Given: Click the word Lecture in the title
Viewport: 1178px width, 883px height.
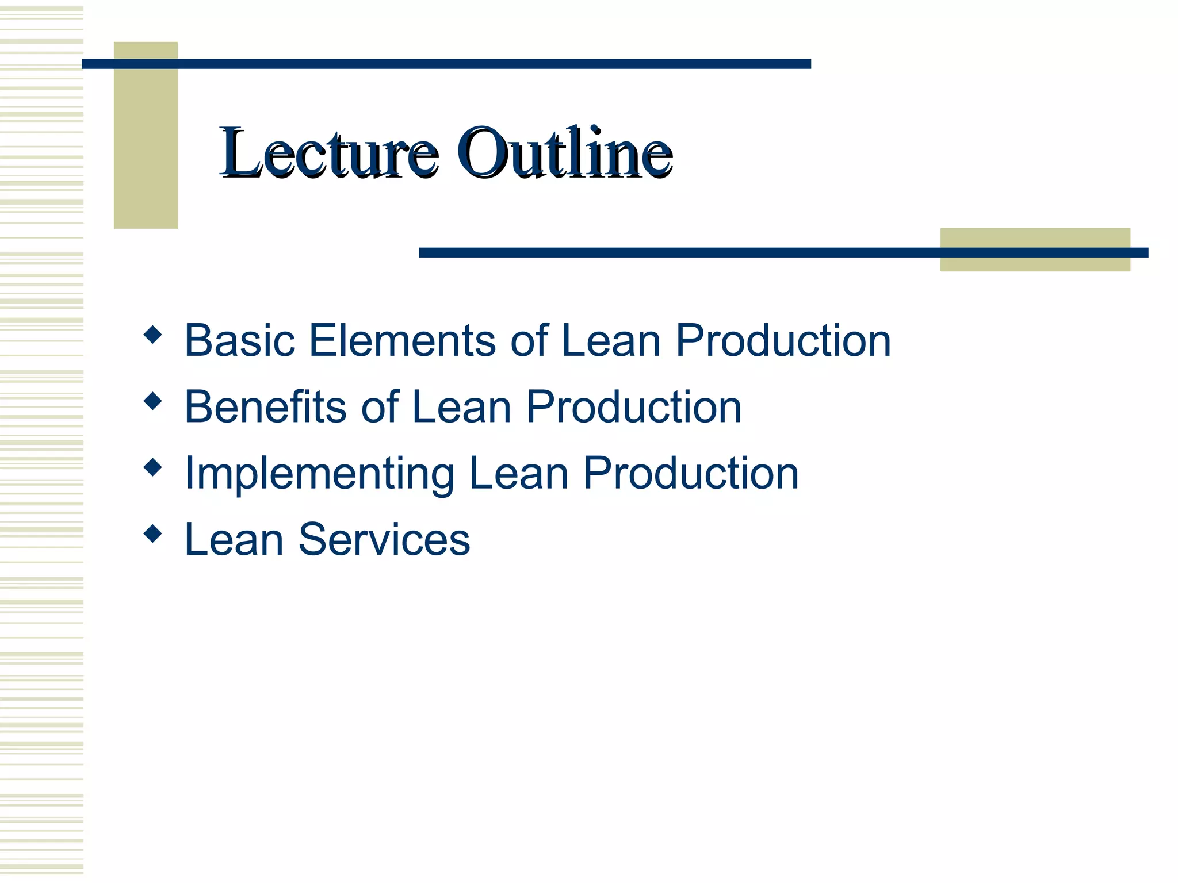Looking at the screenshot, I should pyautogui.click(x=329, y=152).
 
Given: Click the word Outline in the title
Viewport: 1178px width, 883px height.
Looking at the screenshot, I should pyautogui.click(x=565, y=152).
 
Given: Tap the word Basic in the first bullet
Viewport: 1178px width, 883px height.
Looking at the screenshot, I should pyautogui.click(x=240, y=340).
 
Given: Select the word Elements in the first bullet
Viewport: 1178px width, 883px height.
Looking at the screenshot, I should pyautogui.click(x=402, y=340).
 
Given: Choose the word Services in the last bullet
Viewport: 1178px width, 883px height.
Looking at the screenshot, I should pyautogui.click(x=384, y=540).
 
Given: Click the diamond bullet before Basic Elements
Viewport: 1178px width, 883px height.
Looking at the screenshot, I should pyautogui.click(x=152, y=334).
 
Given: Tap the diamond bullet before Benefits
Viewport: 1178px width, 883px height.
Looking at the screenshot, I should pyautogui.click(x=152, y=401).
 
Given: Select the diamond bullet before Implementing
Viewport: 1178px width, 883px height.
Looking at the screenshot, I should pyautogui.click(x=152, y=467).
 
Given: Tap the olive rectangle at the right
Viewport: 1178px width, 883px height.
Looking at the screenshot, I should pyautogui.click(x=1035, y=264).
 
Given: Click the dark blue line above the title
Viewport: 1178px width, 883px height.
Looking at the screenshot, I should pyautogui.click(x=446, y=64).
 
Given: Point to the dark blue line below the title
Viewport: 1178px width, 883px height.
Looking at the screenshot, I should pyautogui.click(x=690, y=252).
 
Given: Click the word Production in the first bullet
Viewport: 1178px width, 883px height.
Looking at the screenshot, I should pyautogui.click(x=783, y=340).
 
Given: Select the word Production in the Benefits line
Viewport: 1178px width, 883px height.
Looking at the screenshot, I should pyautogui.click(x=634, y=407).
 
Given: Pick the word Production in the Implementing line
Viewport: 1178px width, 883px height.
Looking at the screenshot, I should pyautogui.click(x=691, y=474).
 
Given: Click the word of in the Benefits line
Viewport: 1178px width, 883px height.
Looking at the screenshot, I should pyautogui.click(x=380, y=407).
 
